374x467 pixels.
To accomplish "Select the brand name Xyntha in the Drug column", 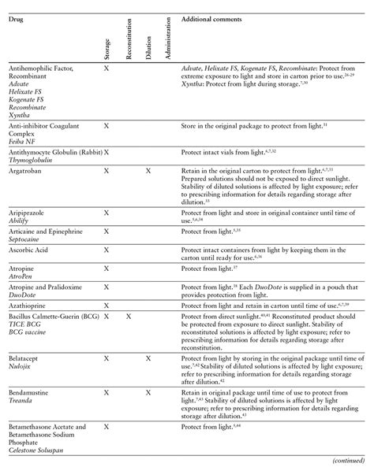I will tap(21, 113).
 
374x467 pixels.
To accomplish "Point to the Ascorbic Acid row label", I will tap(31, 251).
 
